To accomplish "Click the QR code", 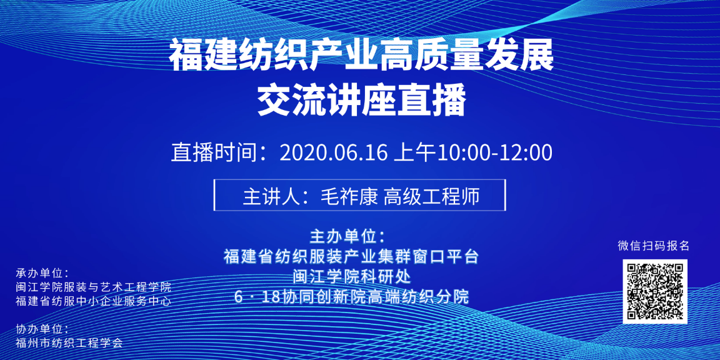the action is [655, 291].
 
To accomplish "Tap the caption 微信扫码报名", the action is [653, 246].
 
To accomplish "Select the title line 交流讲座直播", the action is [362, 101].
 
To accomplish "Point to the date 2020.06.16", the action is [334, 154].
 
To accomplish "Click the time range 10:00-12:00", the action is [494, 154].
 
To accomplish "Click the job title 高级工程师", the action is [432, 197].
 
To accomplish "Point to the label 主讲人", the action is [271, 197].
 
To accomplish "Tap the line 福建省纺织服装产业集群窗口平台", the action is [351, 256].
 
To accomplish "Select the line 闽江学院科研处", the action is [351, 277].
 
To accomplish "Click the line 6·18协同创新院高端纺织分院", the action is [351, 297].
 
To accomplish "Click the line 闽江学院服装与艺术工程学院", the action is [93, 288].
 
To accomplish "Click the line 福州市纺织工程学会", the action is [69, 343].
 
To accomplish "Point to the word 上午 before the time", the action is [414, 154].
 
